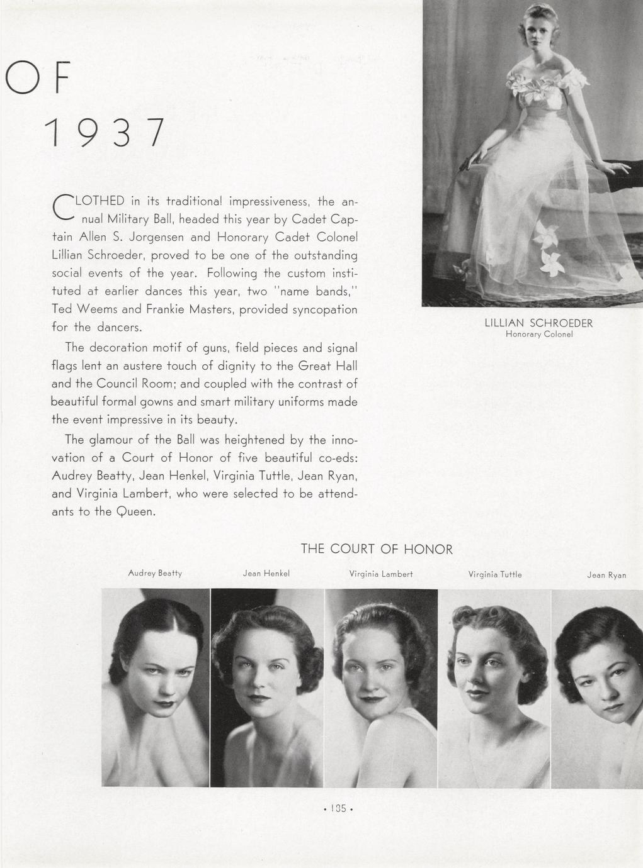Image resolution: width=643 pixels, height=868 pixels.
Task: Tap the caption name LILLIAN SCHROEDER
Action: tap(538, 323)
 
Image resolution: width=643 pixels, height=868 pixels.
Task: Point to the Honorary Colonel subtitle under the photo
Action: tap(538, 335)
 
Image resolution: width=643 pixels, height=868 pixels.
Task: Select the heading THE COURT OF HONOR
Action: tap(377, 549)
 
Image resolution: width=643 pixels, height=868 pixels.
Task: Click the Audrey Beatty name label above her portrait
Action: tap(155, 573)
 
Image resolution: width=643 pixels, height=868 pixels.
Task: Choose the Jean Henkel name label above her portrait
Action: tap(266, 574)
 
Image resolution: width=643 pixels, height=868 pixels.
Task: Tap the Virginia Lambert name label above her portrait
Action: tap(381, 574)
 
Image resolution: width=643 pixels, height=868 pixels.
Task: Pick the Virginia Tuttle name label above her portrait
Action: tap(495, 574)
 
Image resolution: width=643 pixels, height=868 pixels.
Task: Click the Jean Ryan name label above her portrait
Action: tap(606, 575)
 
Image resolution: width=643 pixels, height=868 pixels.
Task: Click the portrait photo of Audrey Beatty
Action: tap(156, 687)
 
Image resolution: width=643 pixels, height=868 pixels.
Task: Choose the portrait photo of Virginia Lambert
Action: tap(381, 687)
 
